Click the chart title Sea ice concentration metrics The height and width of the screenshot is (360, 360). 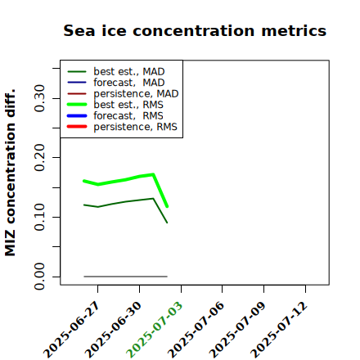(195, 30)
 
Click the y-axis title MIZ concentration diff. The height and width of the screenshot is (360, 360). (10, 173)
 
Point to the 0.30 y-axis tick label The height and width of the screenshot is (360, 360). (39, 98)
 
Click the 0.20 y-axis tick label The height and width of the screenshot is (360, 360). (39, 158)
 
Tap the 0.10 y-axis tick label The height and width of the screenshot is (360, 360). (39, 217)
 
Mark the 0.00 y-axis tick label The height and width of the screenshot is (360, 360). (39, 277)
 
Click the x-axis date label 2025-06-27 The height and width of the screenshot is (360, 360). (72, 330)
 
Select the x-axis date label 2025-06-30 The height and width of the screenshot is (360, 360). (114, 330)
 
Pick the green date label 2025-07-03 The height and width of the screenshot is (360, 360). (155, 330)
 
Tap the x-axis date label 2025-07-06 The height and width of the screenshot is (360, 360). (196, 330)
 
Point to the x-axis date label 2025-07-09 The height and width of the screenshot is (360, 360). (238, 330)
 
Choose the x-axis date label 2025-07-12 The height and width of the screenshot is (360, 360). (280, 330)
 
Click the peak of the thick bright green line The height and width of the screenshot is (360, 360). (153, 174)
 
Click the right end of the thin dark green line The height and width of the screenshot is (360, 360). (167, 223)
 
